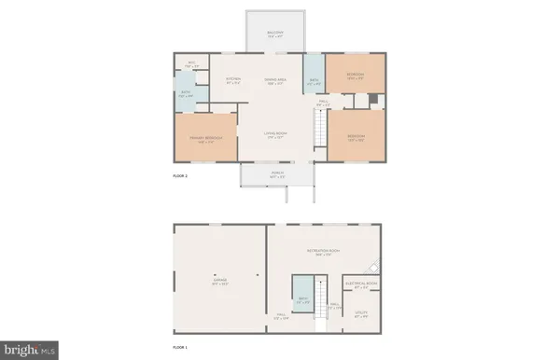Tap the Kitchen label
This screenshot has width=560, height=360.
pyautogui.click(x=234, y=81)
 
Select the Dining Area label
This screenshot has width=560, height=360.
pyautogui.click(x=274, y=81)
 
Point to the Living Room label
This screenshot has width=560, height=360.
pyautogui.click(x=273, y=135)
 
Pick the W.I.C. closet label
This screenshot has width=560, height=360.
pyautogui.click(x=192, y=65)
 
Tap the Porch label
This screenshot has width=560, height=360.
pyautogui.click(x=276, y=174)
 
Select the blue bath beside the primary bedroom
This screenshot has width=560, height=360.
pyautogui.click(x=187, y=93)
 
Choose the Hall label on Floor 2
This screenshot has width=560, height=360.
pyautogui.click(x=322, y=104)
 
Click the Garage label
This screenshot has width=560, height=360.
pyautogui.click(x=220, y=284)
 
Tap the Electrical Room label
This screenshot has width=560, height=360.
pyautogui.click(x=359, y=284)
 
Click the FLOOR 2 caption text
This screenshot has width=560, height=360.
pyautogui.click(x=180, y=175)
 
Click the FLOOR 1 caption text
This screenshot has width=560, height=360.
pyautogui.click(x=180, y=347)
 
